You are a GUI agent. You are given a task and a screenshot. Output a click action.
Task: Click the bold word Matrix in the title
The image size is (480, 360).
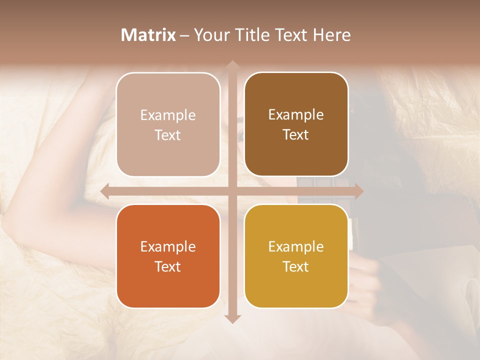[x=148, y=35]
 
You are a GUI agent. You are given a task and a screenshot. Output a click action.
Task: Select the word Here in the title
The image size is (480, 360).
[x=332, y=35]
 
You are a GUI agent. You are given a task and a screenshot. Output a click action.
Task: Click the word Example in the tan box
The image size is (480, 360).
[x=168, y=115]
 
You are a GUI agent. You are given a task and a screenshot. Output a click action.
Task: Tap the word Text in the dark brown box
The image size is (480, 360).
[x=296, y=135]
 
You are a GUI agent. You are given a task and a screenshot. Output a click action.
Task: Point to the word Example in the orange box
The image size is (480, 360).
[x=168, y=247]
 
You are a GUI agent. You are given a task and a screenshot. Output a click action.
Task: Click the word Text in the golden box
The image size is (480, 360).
[x=296, y=267]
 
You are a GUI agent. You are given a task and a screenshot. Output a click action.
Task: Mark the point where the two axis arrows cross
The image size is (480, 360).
[x=232, y=191]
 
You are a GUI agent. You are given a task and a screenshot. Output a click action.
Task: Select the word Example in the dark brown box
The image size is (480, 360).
[x=296, y=115]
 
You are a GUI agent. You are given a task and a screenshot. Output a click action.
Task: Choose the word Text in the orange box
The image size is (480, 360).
[x=168, y=267]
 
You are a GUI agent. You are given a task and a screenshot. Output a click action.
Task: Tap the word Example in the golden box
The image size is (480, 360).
[x=296, y=247]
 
